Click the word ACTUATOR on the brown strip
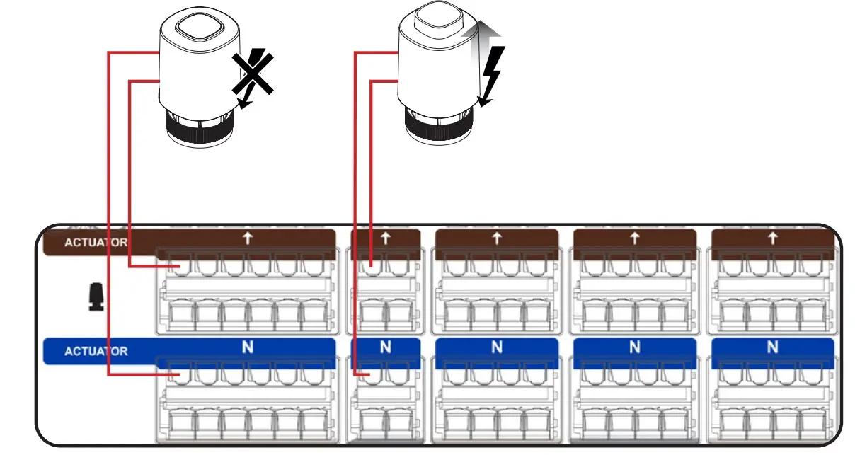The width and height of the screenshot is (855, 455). (96, 242)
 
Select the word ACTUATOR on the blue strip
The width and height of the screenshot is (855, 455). (96, 351)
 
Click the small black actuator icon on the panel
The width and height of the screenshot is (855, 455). (96, 297)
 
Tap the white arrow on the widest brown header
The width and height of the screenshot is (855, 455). (247, 238)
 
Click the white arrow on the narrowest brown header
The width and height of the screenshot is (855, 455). (385, 238)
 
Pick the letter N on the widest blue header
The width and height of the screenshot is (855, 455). (247, 347)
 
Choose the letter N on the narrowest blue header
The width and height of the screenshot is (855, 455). (385, 347)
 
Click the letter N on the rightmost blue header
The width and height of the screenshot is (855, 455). (772, 347)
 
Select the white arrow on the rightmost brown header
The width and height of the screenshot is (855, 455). (772, 238)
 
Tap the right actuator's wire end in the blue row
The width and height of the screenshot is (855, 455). (367, 374)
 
